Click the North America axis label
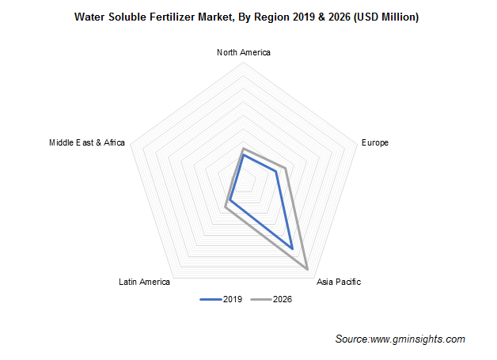pyautogui.click(x=243, y=52)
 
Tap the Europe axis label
pyautogui.click(x=374, y=142)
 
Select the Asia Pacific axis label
pyautogui.click(x=338, y=282)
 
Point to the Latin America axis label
pyautogui.click(x=144, y=282)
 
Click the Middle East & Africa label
pyautogui.click(x=87, y=142)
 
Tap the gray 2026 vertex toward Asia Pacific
pyautogui.click(x=307, y=271)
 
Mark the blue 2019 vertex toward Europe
pyautogui.click(x=275, y=171)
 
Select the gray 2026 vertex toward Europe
pyautogui.click(x=283, y=168)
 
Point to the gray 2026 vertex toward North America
pyautogui.click(x=244, y=148)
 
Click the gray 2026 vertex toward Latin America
pyautogui.click(x=226, y=208)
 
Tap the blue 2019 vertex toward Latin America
pyautogui.click(x=230, y=199)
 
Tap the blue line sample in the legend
pyautogui.click(x=211, y=299)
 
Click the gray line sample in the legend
pyautogui.click(x=260, y=299)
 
